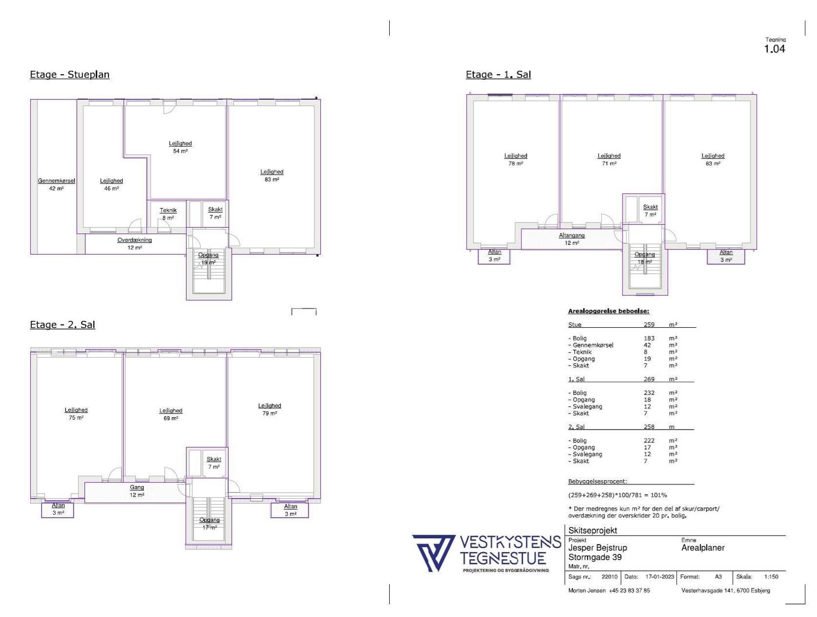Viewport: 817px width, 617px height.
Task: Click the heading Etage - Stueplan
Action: click(69, 75)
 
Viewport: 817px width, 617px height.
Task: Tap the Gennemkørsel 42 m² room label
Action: click(56, 185)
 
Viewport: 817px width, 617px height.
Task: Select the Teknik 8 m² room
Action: click(168, 214)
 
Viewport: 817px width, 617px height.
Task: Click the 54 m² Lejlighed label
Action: click(180, 147)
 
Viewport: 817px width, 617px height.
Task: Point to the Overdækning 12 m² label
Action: click(134, 244)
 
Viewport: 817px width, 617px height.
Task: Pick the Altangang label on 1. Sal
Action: click(572, 235)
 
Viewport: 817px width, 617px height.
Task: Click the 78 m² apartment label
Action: click(515, 160)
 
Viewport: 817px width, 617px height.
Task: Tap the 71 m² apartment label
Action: click(609, 160)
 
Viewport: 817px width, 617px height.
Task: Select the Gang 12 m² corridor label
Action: click(137, 491)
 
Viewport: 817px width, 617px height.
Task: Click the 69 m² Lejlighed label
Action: click(171, 414)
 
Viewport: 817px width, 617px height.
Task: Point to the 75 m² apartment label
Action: click(76, 414)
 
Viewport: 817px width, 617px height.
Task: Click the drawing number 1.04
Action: click(774, 49)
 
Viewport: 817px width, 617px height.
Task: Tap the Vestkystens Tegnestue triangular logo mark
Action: click(433, 553)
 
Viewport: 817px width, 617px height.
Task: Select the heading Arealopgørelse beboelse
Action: click(609, 311)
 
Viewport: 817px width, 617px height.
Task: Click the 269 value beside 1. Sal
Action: click(649, 379)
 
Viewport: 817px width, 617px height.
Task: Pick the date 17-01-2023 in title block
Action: click(659, 576)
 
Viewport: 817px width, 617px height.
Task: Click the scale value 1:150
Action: click(771, 576)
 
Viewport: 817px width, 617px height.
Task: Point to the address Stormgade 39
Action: click(595, 557)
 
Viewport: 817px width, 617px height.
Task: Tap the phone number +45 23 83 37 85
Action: click(629, 591)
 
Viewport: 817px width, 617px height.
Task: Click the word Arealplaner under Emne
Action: click(703, 547)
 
